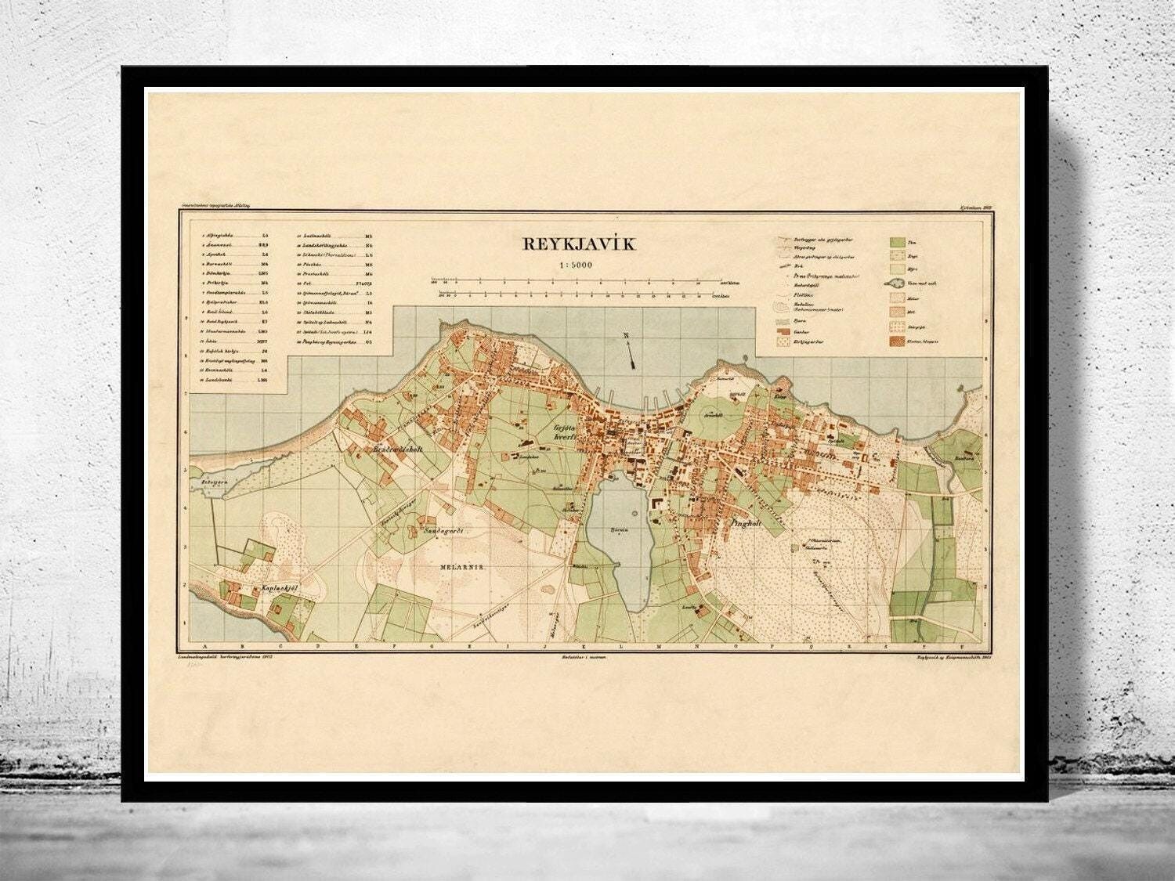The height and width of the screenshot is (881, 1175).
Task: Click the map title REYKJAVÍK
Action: point(580,244)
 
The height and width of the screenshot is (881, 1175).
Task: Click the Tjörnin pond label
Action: point(620,529)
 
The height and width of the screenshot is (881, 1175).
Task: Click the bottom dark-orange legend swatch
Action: point(897,341)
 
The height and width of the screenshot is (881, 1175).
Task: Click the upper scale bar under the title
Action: point(578,280)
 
